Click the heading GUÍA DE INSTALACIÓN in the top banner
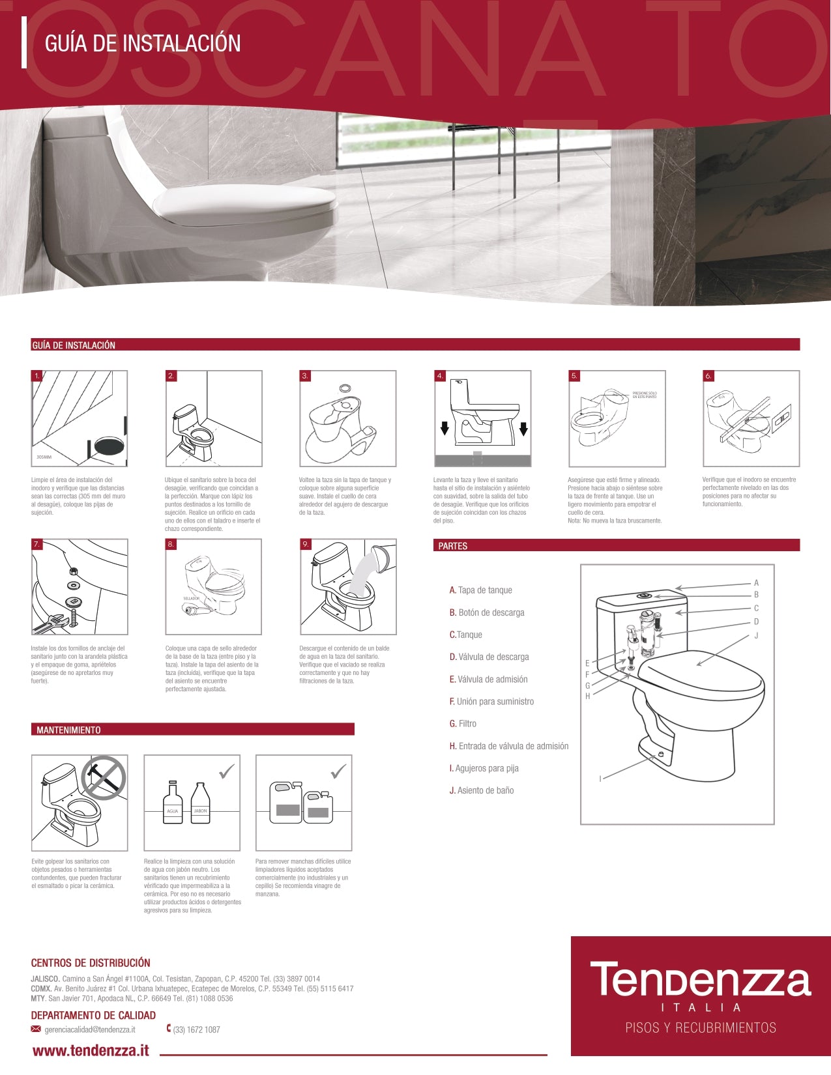coord(143,44)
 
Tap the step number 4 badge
coord(441,376)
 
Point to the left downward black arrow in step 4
coord(445,428)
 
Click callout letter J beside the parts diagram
coord(756,635)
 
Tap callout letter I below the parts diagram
coord(600,779)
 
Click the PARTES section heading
coord(453,546)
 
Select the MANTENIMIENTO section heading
coord(68,730)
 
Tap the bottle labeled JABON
coord(200,804)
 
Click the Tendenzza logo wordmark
coord(700,981)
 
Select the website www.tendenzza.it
coord(91,1050)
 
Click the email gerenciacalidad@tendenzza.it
coord(89,1029)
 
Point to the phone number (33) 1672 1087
coord(196,1029)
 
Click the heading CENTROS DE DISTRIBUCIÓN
coord(91,963)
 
